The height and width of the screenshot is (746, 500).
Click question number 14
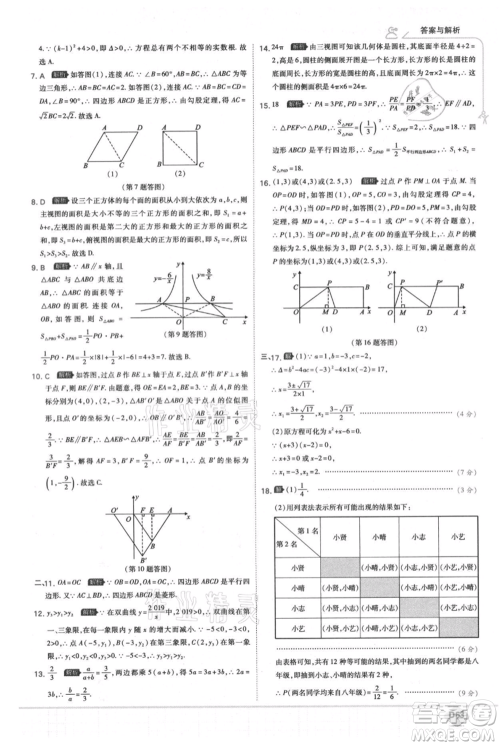click(x=263, y=48)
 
